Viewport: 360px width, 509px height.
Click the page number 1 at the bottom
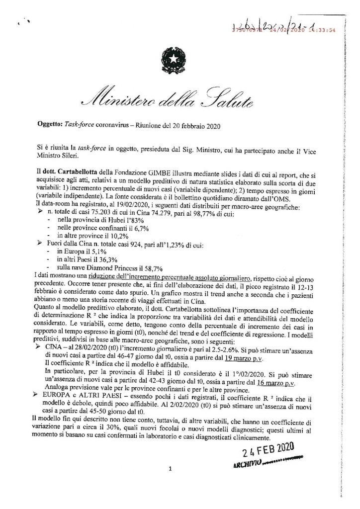(170, 468)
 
